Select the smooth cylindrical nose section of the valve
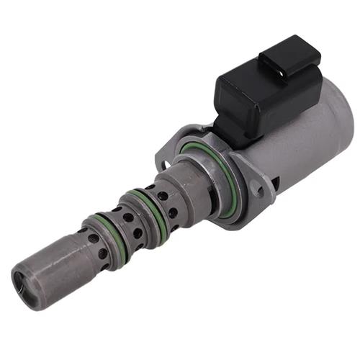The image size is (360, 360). tap(58, 266)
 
